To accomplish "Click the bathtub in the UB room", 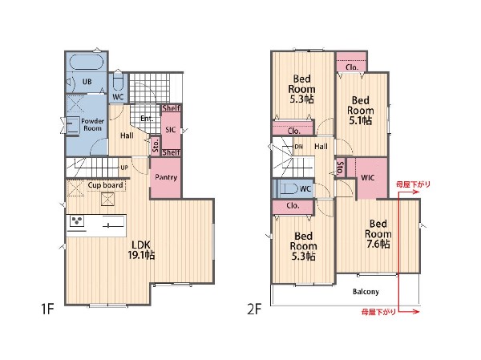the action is click(x=87, y=63).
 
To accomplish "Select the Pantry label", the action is click(x=166, y=177).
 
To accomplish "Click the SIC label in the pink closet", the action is click(x=171, y=130).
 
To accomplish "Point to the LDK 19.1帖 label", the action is click(x=141, y=250).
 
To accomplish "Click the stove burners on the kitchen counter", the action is click(x=77, y=220).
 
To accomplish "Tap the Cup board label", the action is click(x=105, y=185).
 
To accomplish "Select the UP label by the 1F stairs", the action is click(x=124, y=168).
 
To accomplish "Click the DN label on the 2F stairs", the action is click(x=298, y=147).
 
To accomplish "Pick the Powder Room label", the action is click(x=92, y=124).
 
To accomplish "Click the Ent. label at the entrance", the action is click(x=147, y=119).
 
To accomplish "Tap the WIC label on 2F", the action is click(x=367, y=178).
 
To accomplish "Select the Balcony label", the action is click(x=366, y=292).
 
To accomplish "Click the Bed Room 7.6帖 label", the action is click(x=378, y=234).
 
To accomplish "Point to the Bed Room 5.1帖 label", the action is click(x=361, y=111).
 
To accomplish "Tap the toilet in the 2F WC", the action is click(x=288, y=188).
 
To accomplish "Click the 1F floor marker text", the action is click(x=47, y=309).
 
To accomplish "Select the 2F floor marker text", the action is click(x=254, y=309).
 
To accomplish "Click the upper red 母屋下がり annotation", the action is click(x=413, y=184).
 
